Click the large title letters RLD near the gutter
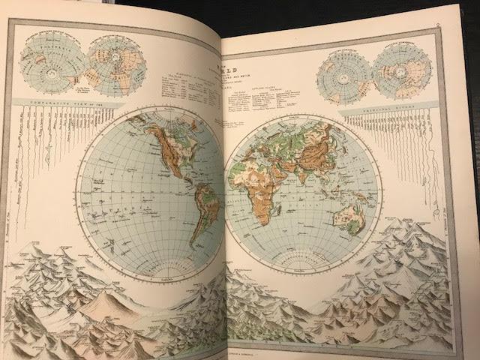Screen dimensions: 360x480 click(240, 76)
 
